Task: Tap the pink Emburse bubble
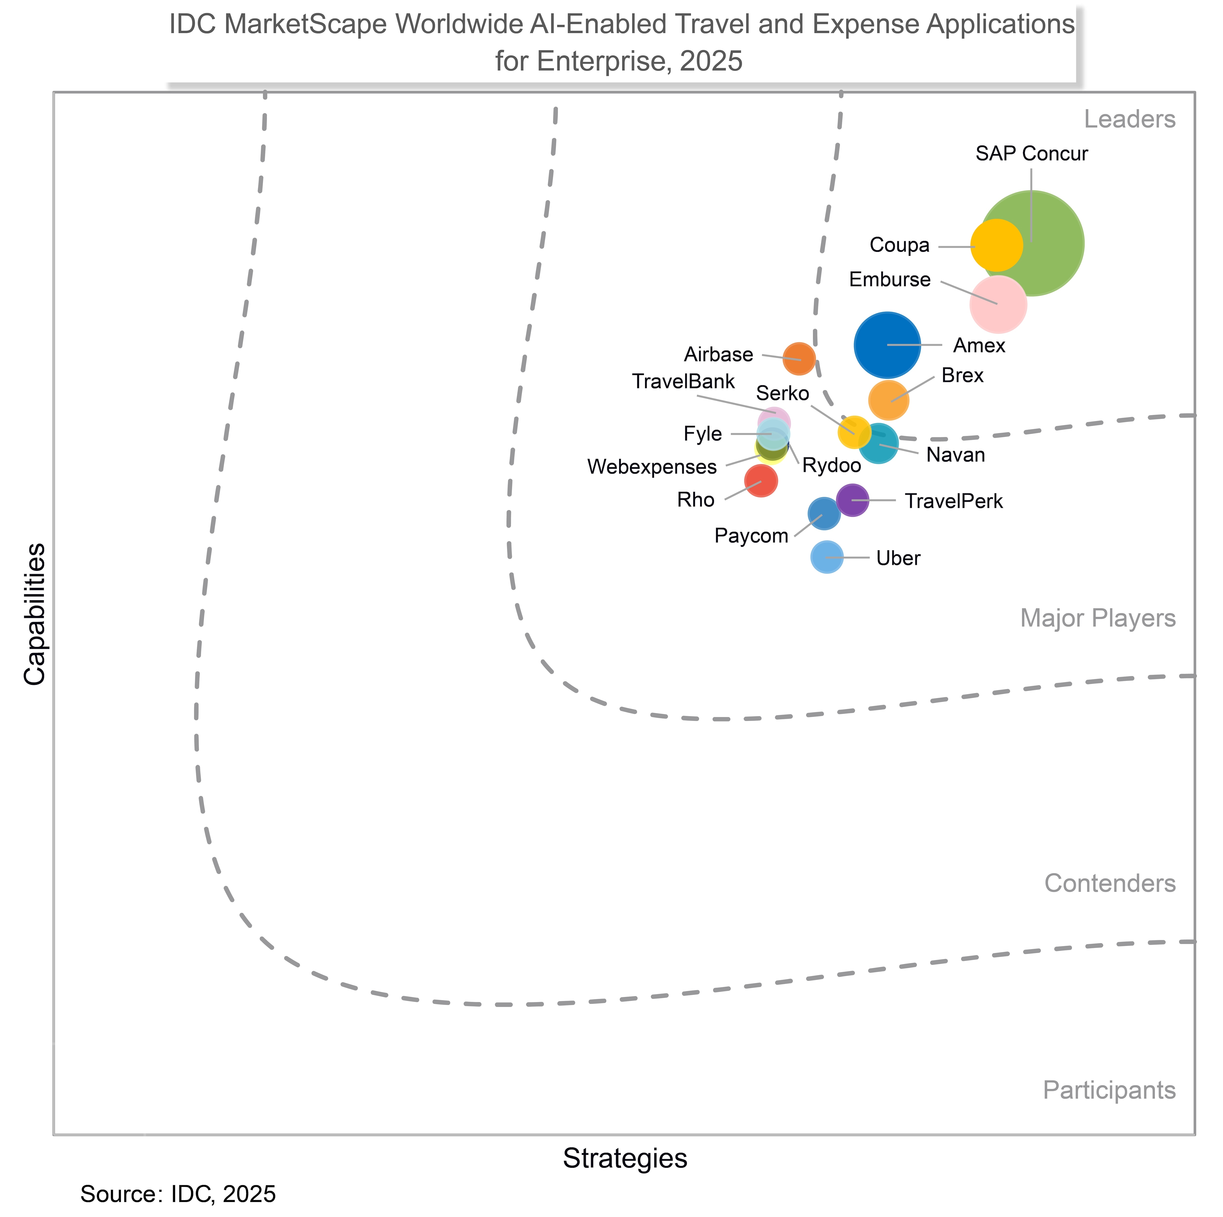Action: coord(998,304)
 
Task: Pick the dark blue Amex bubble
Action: coord(887,345)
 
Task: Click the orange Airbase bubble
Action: coord(799,359)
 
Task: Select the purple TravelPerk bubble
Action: coord(853,500)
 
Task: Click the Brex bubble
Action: coord(889,400)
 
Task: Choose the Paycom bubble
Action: coord(824,513)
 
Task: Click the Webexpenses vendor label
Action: coord(652,467)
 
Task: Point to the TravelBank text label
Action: coord(684,382)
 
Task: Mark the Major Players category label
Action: coord(1098,618)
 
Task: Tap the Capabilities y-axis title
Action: coord(35,614)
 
